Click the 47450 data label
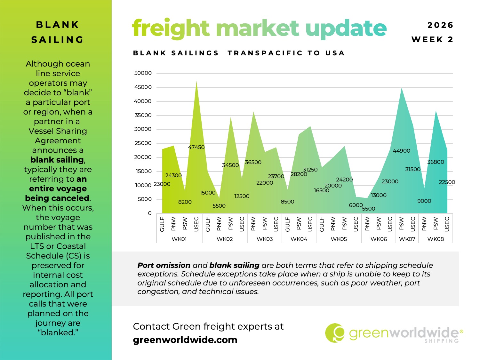point(196,147)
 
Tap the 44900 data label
point(401,151)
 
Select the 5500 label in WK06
point(368,209)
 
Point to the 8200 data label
point(185,202)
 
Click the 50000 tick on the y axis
point(143,73)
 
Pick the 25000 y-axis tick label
point(143,143)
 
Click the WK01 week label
point(179,239)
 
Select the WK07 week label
point(407,239)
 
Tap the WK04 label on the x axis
point(299,239)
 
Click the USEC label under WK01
point(196,224)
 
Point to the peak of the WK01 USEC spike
point(196,81)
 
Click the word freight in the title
point(171,28)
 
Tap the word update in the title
point(346,28)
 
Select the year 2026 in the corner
point(440,25)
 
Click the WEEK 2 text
point(432,39)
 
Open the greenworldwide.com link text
point(185,340)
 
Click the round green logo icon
point(335,333)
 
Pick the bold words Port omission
point(164,265)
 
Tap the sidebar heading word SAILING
point(58,40)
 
